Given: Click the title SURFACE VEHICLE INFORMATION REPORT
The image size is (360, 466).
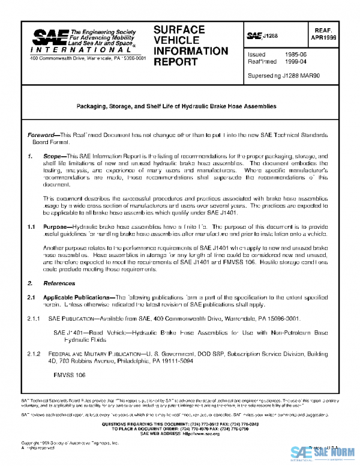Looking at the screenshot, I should pos(183,45).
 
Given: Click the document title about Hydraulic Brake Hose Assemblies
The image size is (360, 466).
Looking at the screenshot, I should pos(176,106).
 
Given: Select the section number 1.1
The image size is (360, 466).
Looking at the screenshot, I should pos(32,227).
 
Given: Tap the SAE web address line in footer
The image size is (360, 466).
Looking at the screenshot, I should pos(179,434).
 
